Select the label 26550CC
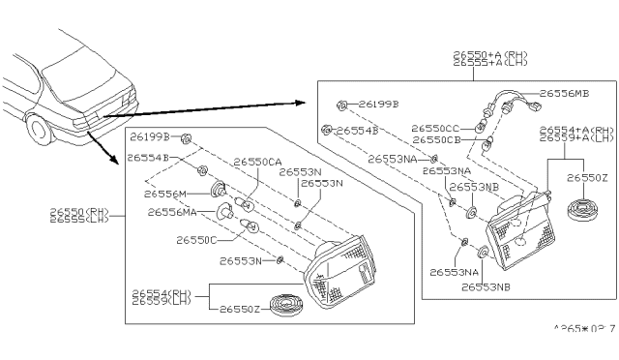click(x=437, y=128)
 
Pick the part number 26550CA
click(x=257, y=162)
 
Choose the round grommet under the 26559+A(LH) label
click(x=582, y=210)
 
